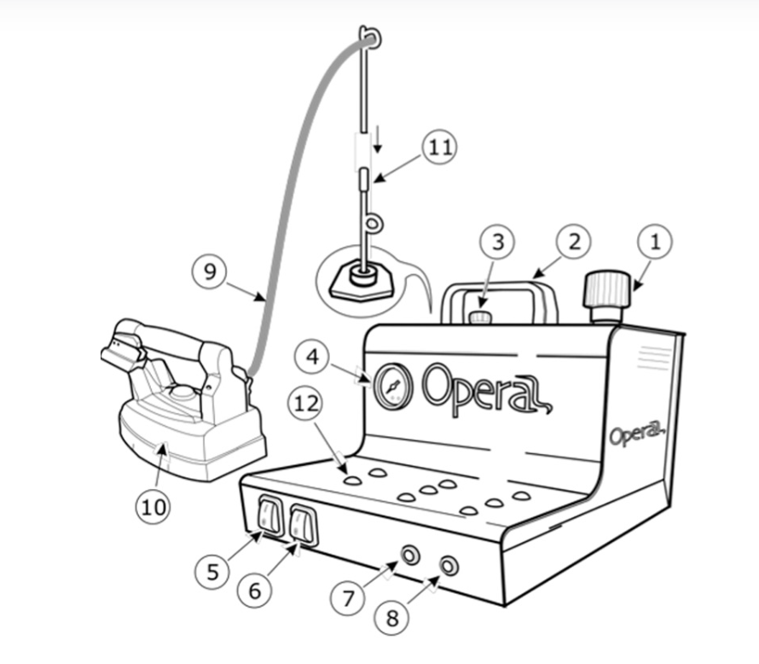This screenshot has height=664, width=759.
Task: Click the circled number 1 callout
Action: (655, 242)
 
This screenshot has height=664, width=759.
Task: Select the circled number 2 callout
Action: (574, 242)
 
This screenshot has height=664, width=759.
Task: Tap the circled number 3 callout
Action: (497, 242)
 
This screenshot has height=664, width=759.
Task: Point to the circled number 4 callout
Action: (312, 357)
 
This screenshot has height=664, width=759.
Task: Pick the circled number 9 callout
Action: (210, 271)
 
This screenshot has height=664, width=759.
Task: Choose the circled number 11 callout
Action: (439, 148)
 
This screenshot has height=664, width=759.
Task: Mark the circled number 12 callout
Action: (306, 404)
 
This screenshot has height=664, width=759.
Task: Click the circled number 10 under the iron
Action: (153, 507)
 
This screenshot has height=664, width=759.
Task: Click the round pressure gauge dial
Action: (393, 387)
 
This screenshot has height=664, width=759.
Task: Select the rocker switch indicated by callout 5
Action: (270, 515)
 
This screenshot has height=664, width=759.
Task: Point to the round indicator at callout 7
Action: (410, 555)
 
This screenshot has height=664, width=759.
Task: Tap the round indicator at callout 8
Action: (449, 566)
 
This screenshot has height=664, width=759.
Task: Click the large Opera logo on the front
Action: (486, 390)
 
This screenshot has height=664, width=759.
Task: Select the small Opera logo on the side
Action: (636, 434)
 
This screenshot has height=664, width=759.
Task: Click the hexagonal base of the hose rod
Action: (361, 283)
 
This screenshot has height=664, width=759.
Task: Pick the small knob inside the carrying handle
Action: (479, 317)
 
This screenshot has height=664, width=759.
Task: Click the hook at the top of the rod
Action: (369, 38)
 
